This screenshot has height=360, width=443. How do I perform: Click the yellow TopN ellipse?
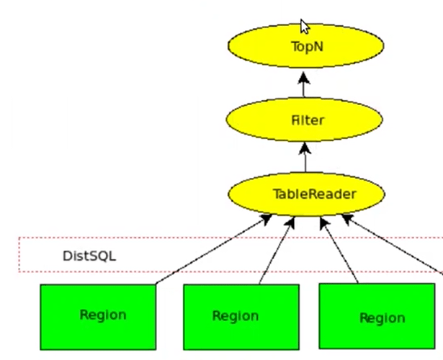pyautogui.click(x=305, y=46)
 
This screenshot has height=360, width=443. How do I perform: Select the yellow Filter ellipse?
pyautogui.click(x=305, y=120)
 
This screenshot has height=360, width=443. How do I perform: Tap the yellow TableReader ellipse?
pyautogui.click(x=305, y=194)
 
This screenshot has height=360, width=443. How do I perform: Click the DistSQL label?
pyautogui.click(x=89, y=256)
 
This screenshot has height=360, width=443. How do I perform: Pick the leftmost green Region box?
pyautogui.click(x=97, y=317)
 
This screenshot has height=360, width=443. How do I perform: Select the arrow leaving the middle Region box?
pyautogui.click(x=277, y=249)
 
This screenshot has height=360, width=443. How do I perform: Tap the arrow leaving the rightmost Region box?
pyautogui.click(x=339, y=249)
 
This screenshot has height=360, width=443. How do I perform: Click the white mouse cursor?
pyautogui.click(x=305, y=27)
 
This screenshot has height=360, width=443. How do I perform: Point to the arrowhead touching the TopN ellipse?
pyautogui.click(x=305, y=73)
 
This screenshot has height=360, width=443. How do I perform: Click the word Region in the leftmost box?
pyautogui.click(x=103, y=315)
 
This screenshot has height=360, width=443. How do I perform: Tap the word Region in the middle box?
pyautogui.click(x=236, y=316)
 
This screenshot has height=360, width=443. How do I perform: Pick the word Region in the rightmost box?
pyautogui.click(x=382, y=318)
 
